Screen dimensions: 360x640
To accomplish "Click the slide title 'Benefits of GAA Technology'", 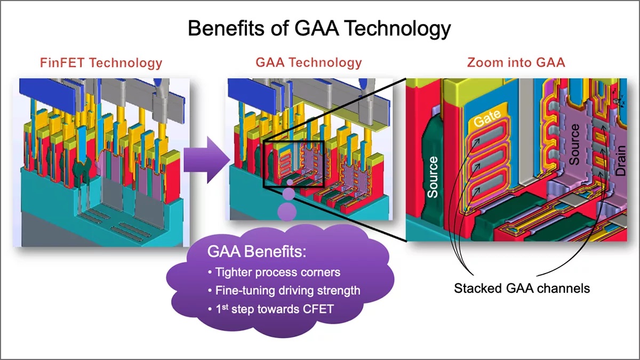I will pyautogui.click(x=319, y=28).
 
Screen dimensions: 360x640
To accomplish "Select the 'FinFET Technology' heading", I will pyautogui.click(x=101, y=63).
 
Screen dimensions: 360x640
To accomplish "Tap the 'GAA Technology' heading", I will pyautogui.click(x=309, y=63).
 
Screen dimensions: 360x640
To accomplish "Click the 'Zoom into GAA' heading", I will pyautogui.click(x=516, y=63).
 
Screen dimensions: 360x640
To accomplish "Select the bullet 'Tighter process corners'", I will pyautogui.click(x=274, y=273).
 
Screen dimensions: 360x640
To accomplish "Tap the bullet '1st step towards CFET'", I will pyautogui.click(x=270, y=309).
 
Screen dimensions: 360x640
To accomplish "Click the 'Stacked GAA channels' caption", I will pyautogui.click(x=522, y=289).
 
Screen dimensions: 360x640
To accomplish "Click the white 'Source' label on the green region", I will pyautogui.click(x=433, y=176).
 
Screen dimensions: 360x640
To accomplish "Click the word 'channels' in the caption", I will pyautogui.click(x=565, y=289).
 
